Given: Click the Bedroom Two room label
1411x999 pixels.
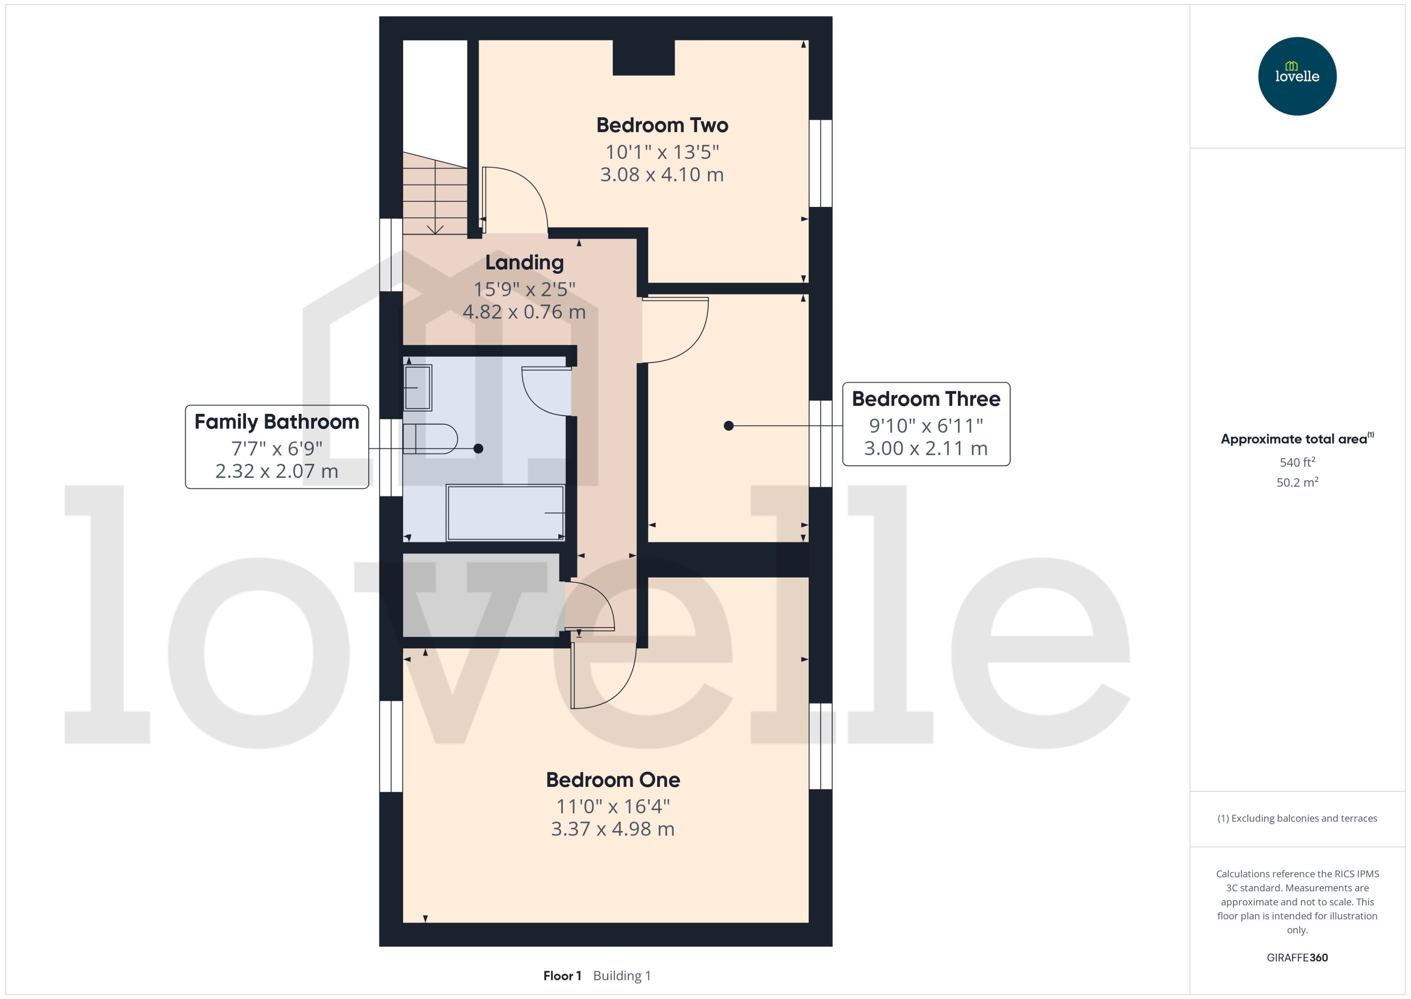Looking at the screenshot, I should click(662, 125).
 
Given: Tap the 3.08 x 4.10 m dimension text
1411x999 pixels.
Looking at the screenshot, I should click(662, 175).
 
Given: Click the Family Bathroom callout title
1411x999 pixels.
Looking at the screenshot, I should click(277, 422).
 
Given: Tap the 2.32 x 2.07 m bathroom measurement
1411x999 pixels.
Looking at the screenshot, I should click(277, 471).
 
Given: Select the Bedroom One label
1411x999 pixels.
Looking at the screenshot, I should click(612, 780).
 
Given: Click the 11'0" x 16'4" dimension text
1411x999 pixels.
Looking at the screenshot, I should click(612, 807).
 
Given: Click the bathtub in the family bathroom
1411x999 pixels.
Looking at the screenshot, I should click(505, 513).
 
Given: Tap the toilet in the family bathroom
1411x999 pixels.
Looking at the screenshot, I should click(431, 439).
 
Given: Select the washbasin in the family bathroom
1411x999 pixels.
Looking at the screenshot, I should click(418, 388).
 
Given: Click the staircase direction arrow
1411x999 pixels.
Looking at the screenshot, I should click(435, 229).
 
